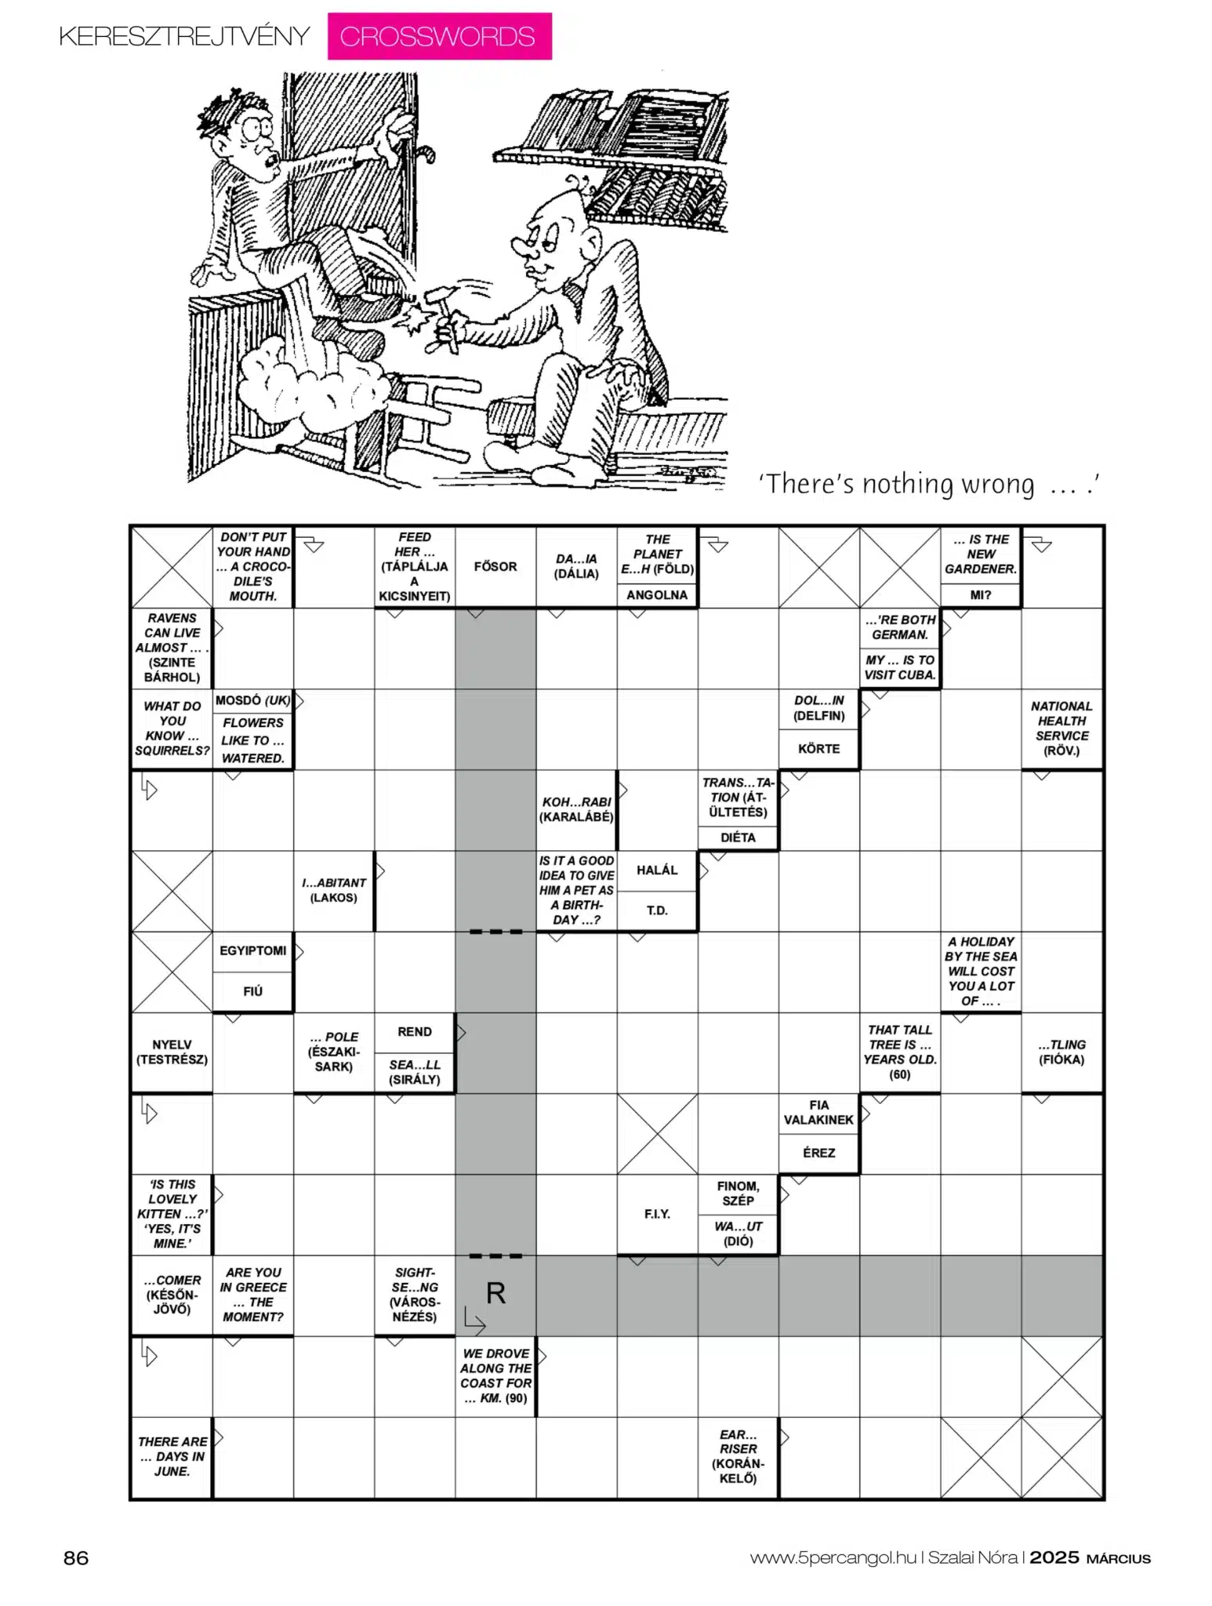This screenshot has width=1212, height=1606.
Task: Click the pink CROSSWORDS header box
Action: pyautogui.click(x=439, y=36)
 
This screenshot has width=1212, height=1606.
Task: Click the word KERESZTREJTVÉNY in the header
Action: pyautogui.click(x=185, y=37)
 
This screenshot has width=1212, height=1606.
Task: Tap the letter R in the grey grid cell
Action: pyautogui.click(x=495, y=1293)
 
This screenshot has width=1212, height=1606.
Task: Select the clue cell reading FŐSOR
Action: pyautogui.click(x=495, y=566)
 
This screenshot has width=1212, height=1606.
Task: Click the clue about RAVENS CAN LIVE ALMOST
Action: pyautogui.click(x=172, y=648)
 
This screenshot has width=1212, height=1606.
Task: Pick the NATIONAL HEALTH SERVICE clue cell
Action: pyautogui.click(x=1061, y=729)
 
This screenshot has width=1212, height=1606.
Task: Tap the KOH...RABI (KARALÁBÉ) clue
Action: pyautogui.click(x=576, y=809)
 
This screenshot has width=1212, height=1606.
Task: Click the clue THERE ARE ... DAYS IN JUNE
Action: pyautogui.click(x=172, y=1456)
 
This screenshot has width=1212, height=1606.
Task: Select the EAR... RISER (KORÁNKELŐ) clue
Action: pyautogui.click(x=738, y=1456)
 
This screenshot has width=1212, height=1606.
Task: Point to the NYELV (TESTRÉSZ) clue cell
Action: pyautogui.click(x=172, y=1052)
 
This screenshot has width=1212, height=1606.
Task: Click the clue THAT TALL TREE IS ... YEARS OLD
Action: pyautogui.click(x=899, y=1052)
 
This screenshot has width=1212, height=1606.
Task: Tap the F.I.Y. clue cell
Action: pyautogui.click(x=657, y=1214)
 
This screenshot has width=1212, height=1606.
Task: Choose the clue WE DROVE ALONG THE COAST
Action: pyautogui.click(x=495, y=1375)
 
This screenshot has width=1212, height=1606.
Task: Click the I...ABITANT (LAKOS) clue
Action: pyautogui.click(x=334, y=890)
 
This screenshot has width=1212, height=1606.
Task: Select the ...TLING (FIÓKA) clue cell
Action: pyautogui.click(x=1061, y=1052)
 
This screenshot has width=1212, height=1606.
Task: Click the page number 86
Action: pyautogui.click(x=76, y=1558)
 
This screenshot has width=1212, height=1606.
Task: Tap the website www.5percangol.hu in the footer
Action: pyautogui.click(x=833, y=1558)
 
